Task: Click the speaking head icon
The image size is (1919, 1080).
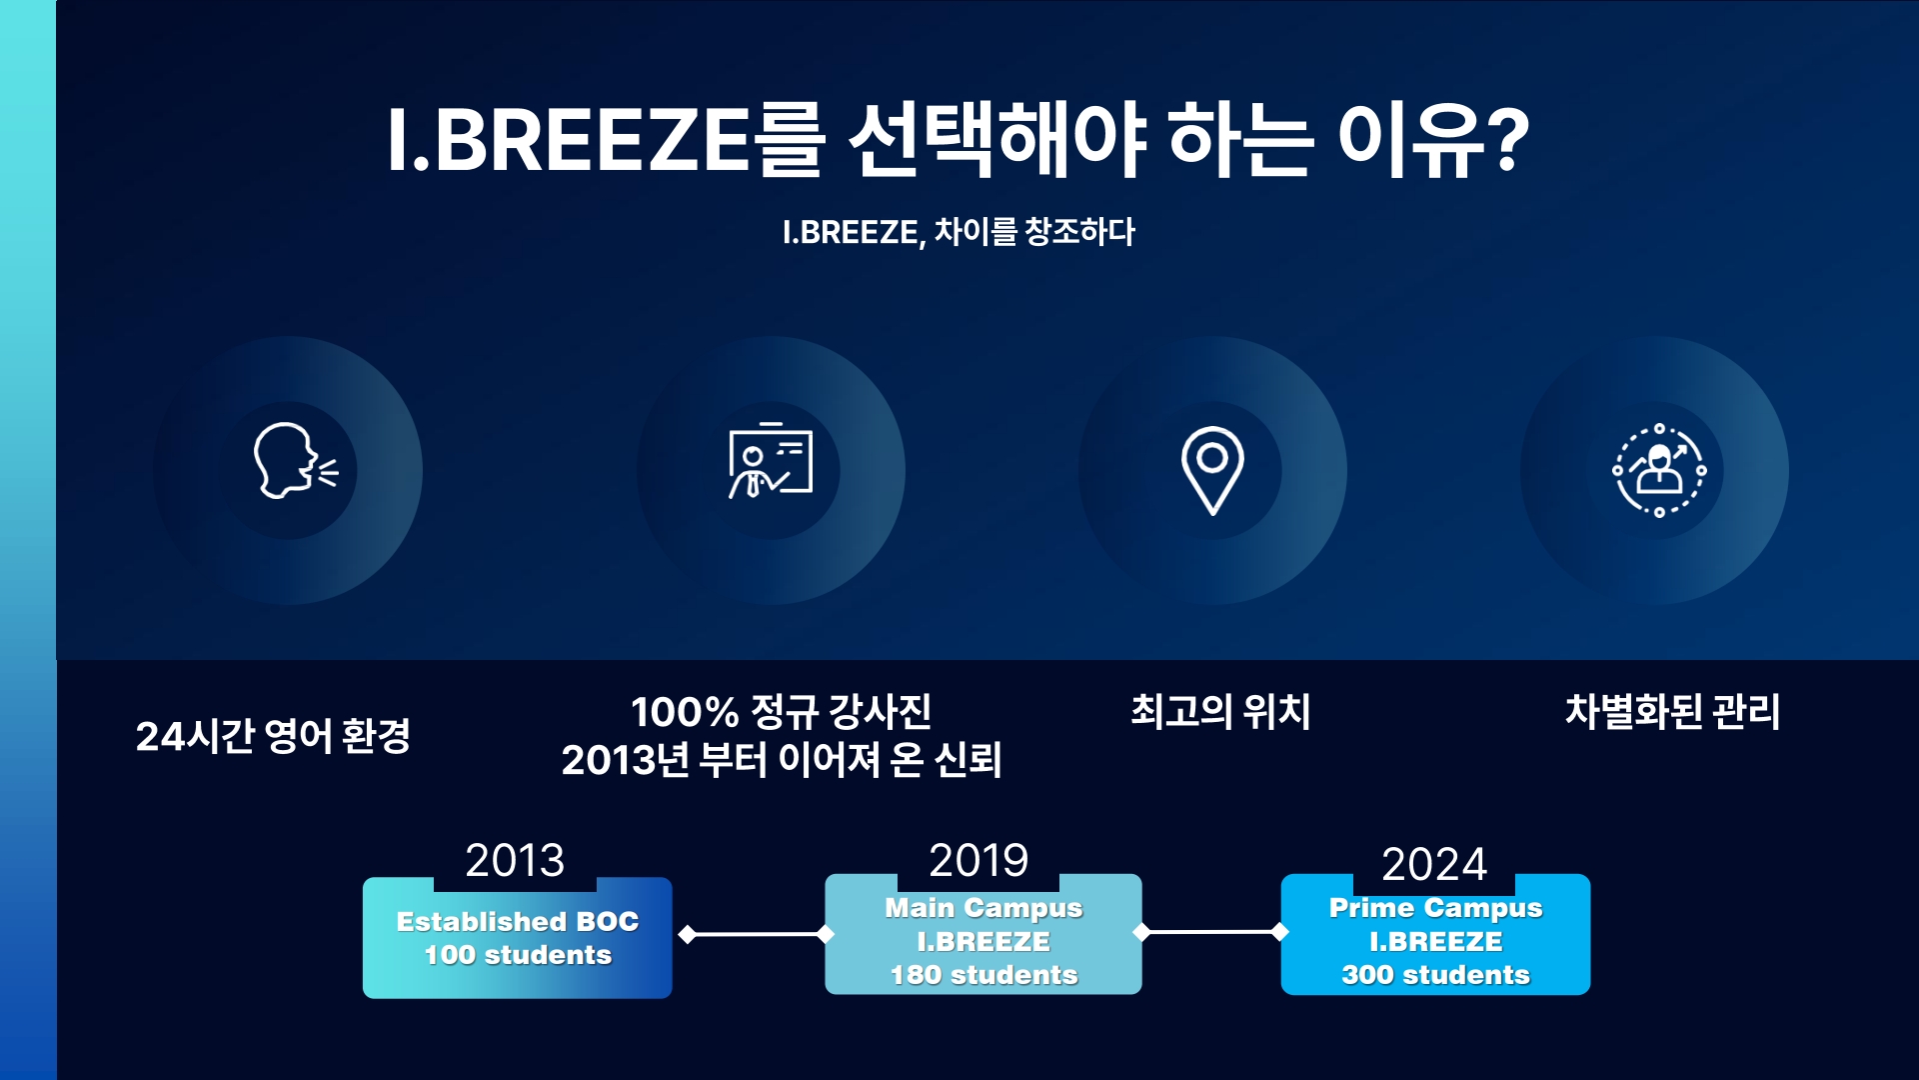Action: coord(295,461)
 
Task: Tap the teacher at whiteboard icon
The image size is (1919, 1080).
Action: coord(770,461)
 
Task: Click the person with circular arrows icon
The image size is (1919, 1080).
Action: coord(1659,470)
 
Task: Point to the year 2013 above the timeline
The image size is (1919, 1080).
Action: coord(515,860)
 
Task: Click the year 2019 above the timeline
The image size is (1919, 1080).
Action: coord(978,860)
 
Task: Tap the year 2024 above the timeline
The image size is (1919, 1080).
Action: coord(1434,864)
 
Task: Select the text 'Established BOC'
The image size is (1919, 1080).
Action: coord(518,921)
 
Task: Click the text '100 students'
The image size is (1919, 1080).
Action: coord(518,955)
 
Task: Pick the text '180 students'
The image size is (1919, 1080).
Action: coord(984,975)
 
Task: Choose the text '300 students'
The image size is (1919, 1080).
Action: coord(1436,975)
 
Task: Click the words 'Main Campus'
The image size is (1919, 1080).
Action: coord(983,908)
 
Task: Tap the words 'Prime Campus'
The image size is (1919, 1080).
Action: coord(1436,908)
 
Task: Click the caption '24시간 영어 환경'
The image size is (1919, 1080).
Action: coord(273,736)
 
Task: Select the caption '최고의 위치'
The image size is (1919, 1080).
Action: coord(1220,711)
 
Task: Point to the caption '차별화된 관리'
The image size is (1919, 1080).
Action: coord(1672,711)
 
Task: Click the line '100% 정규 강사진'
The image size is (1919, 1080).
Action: coord(782,711)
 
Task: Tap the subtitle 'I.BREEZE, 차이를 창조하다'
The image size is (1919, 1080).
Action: coord(959,232)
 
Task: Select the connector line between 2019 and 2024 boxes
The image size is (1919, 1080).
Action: coord(1210,932)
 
